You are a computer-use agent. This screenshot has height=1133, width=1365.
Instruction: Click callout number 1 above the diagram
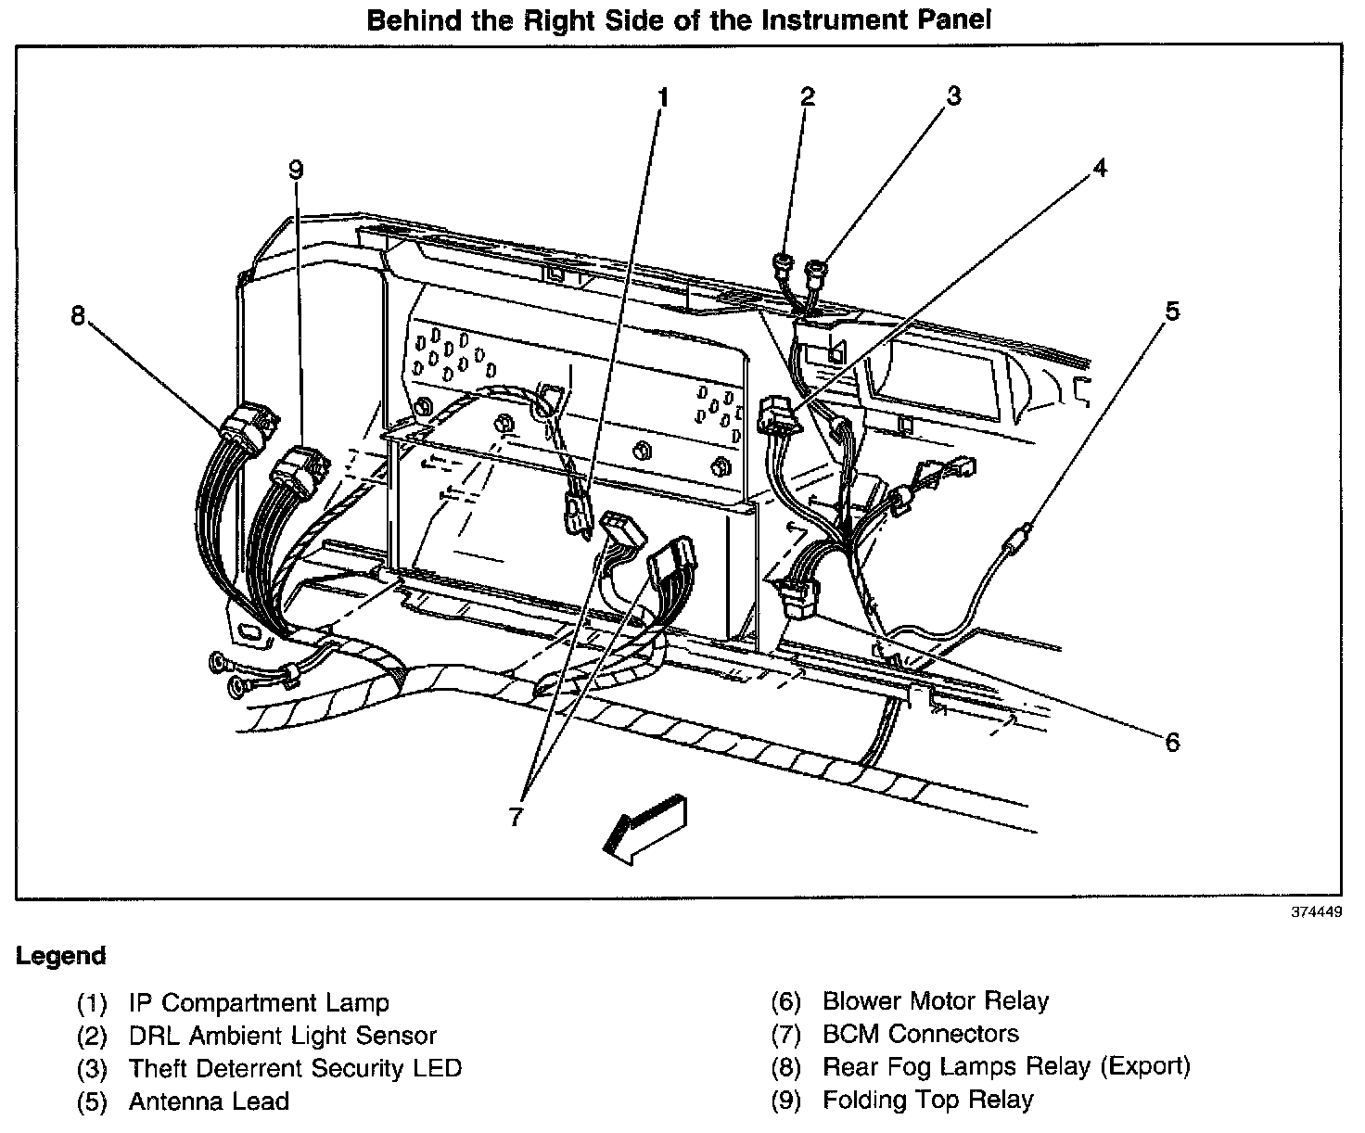point(662,97)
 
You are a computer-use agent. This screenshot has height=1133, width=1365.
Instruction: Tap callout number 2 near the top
point(808,96)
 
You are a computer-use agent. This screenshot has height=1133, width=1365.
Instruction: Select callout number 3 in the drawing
point(952,96)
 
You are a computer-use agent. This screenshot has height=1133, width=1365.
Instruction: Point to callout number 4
point(1099,169)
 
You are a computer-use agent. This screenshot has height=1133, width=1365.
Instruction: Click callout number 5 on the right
point(1173,312)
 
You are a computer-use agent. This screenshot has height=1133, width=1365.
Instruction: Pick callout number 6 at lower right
point(1173,742)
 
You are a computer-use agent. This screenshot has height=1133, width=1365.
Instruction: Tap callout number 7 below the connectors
point(517,817)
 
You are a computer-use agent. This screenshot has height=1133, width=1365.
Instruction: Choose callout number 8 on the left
point(78,316)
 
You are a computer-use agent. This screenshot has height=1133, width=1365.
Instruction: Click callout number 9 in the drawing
point(295,170)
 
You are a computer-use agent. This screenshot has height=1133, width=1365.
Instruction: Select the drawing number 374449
point(1316,912)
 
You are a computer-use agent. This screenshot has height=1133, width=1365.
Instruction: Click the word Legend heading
point(60,956)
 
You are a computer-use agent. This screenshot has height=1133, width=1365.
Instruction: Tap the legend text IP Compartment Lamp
point(259,1002)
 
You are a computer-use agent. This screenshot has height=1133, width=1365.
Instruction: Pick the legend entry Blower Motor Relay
point(935,1001)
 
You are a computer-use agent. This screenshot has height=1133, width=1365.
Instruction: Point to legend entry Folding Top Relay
point(927,1100)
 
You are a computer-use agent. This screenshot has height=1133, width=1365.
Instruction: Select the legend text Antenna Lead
point(209,1101)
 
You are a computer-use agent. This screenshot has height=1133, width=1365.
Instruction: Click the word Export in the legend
point(1144,1066)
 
